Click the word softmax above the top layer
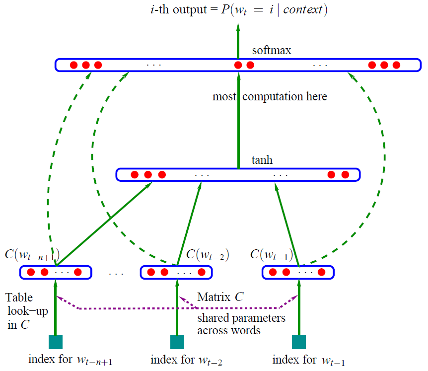[x=271, y=51]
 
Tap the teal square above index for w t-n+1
[x=55, y=342]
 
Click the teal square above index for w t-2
[x=177, y=342]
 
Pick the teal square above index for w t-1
[x=298, y=342]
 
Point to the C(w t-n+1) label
[x=33, y=256]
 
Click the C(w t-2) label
[x=207, y=255]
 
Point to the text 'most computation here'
[x=270, y=96]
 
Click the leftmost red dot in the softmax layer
[x=73, y=65]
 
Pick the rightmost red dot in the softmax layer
[x=396, y=65]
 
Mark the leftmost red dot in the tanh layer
[x=134, y=175]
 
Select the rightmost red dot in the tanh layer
[x=345, y=175]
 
